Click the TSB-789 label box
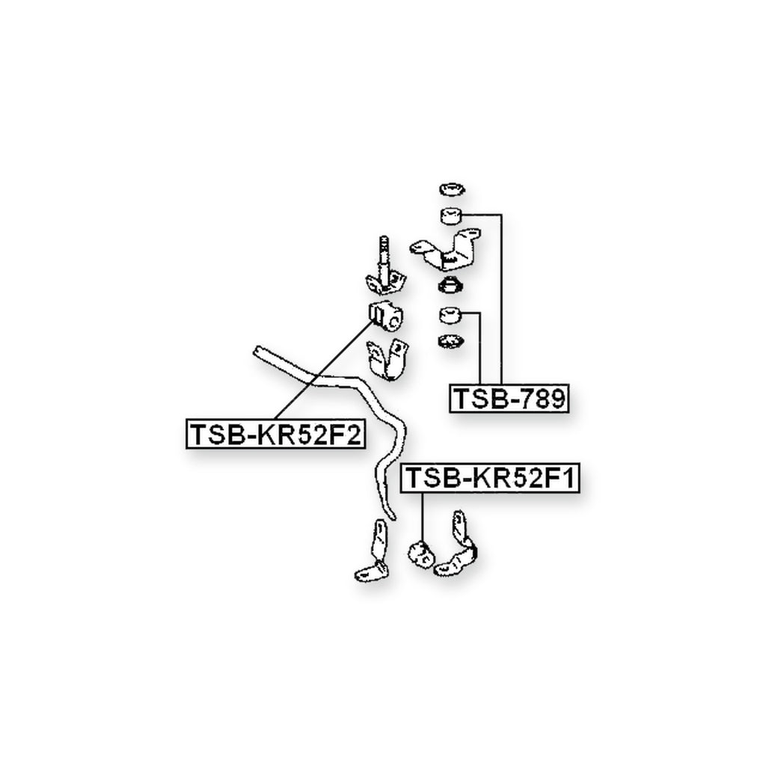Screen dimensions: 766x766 tap(509, 398)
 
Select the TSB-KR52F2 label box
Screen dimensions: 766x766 tap(275, 434)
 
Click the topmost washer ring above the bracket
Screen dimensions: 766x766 tap(452, 189)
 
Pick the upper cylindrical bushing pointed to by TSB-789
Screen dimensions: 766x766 tap(452, 215)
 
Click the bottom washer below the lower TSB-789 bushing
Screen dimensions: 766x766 tap(451, 341)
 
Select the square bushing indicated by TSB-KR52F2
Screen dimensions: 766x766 tap(384, 316)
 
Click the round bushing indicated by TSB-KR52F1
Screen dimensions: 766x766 tap(420, 554)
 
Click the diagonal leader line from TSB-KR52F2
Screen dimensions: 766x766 tap(324, 370)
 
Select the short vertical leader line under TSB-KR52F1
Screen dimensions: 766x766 tap(422, 517)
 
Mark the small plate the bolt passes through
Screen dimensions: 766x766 tap(386, 284)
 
